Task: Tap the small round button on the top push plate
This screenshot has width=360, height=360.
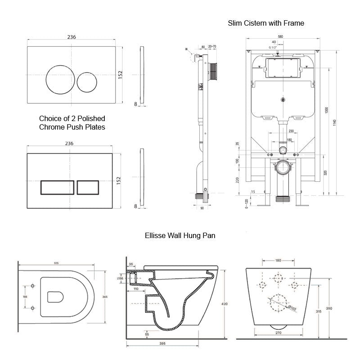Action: (x=86, y=81)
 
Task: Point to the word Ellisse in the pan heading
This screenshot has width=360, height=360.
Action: (x=156, y=234)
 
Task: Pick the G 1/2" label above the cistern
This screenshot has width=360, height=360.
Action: (x=273, y=47)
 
